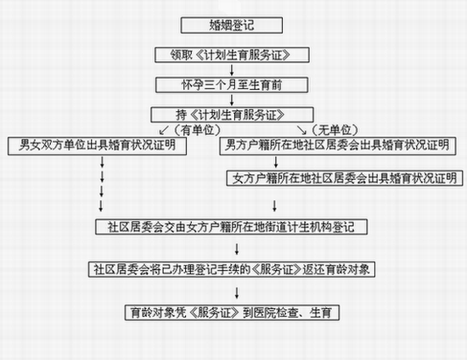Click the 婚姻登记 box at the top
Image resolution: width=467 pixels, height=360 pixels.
click(x=232, y=25)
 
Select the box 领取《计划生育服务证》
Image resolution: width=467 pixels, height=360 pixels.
click(x=232, y=55)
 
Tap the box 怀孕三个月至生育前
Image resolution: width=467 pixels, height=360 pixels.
click(x=232, y=85)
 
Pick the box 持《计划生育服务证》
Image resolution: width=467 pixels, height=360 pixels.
click(x=232, y=115)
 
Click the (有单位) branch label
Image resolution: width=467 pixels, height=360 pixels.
click(x=198, y=130)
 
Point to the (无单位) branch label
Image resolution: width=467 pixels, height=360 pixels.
click(x=335, y=130)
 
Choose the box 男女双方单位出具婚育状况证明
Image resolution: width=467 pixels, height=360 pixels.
click(x=97, y=146)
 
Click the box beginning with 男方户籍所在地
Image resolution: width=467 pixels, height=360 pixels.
click(x=338, y=146)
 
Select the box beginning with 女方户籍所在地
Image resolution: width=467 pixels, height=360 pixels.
click(x=345, y=178)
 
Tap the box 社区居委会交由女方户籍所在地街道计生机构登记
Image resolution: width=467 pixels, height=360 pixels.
click(x=231, y=227)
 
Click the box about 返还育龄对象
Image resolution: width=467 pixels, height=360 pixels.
click(x=232, y=269)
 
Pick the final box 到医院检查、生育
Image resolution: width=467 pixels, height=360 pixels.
click(x=232, y=312)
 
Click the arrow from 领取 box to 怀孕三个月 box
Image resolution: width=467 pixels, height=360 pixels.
click(x=232, y=70)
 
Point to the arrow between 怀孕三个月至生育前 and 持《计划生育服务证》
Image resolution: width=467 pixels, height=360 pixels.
click(x=232, y=100)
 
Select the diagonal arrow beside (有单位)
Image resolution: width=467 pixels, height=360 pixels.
click(x=164, y=130)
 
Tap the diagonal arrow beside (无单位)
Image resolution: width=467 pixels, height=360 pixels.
click(x=301, y=130)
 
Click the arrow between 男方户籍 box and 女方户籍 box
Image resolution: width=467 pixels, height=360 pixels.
click(x=276, y=162)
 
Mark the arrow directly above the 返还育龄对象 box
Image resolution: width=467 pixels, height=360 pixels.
click(x=237, y=249)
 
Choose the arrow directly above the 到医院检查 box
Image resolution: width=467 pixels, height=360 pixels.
click(x=237, y=293)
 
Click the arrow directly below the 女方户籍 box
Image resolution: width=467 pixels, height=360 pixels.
click(x=274, y=205)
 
